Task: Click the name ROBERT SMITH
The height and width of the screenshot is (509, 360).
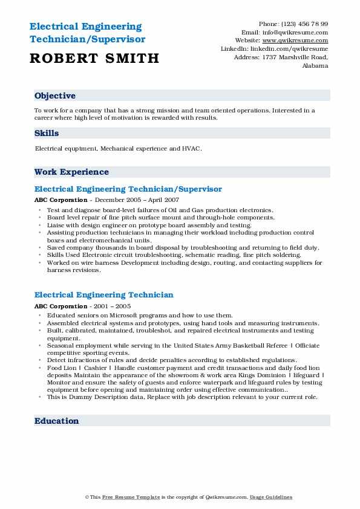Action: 94,58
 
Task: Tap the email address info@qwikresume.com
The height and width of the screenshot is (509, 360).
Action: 295,33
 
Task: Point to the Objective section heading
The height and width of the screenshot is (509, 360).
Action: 55,96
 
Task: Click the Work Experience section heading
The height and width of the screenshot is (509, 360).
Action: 71,172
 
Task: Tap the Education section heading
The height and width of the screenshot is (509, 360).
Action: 56,421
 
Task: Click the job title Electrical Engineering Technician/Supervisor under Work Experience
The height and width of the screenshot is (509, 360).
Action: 128,189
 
